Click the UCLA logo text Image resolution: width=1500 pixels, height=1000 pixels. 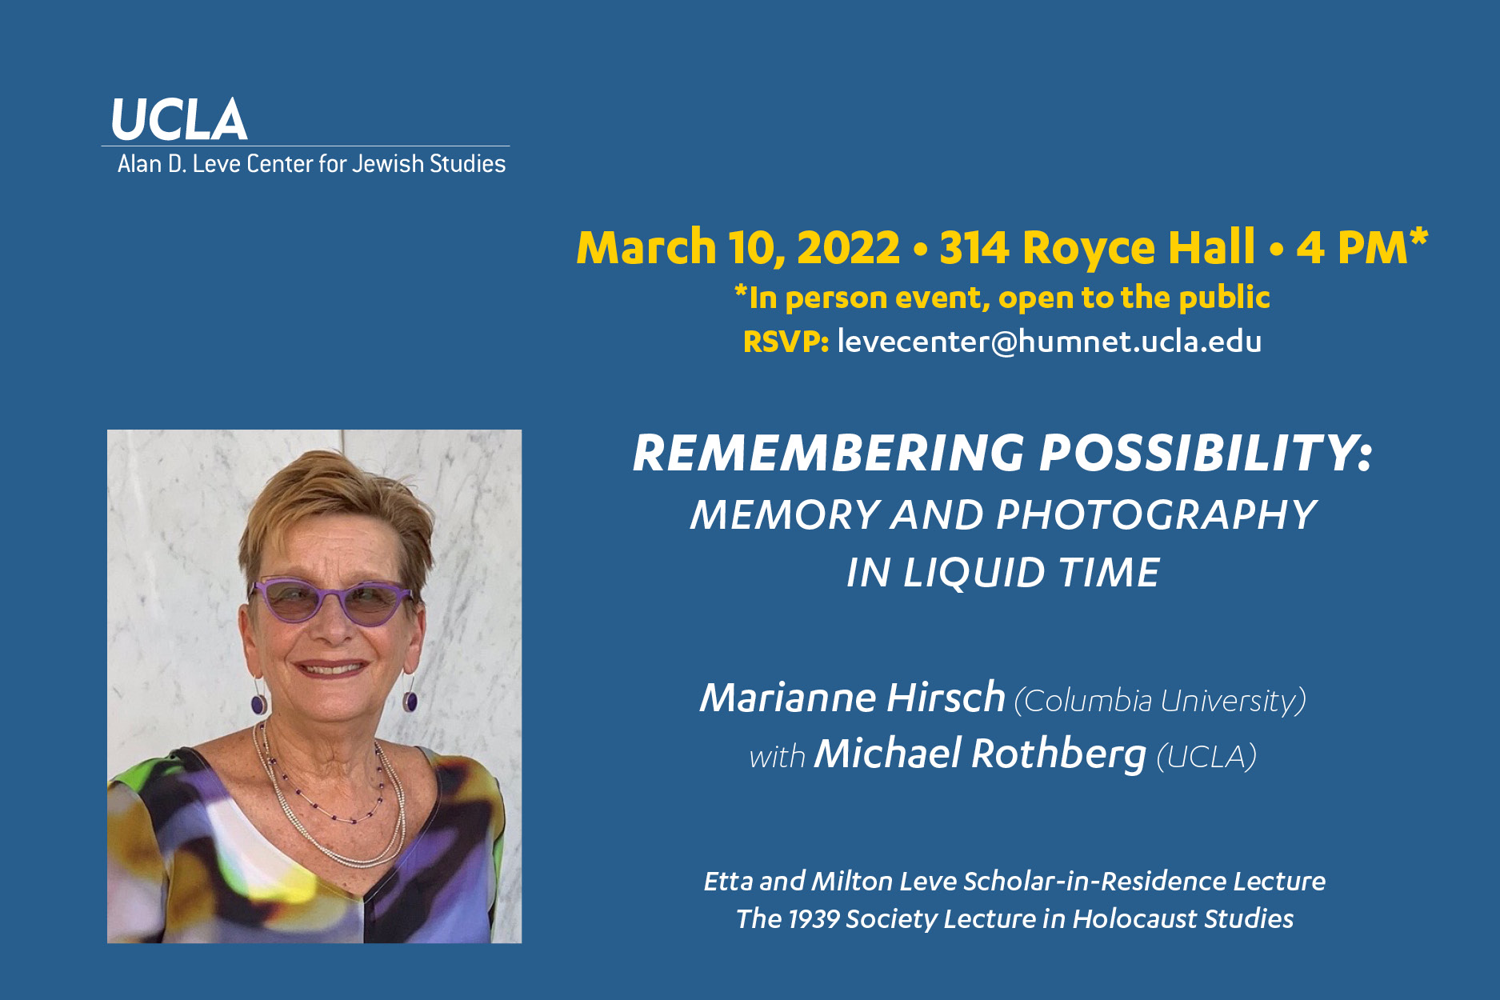[x=179, y=120]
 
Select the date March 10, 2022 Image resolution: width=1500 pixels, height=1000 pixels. [x=738, y=247]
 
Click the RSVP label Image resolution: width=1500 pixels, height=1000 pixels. [x=786, y=342]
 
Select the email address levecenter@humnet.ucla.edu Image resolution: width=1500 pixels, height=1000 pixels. [x=1049, y=342]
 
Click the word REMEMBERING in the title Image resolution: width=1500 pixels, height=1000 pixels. [x=829, y=454]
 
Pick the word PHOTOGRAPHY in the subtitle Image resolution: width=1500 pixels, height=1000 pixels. [x=1156, y=514]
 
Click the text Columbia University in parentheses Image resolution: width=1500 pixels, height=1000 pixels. [x=1160, y=701]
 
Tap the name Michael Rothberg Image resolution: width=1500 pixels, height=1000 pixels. [x=980, y=754]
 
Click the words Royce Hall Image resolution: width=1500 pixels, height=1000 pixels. [x=1139, y=247]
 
